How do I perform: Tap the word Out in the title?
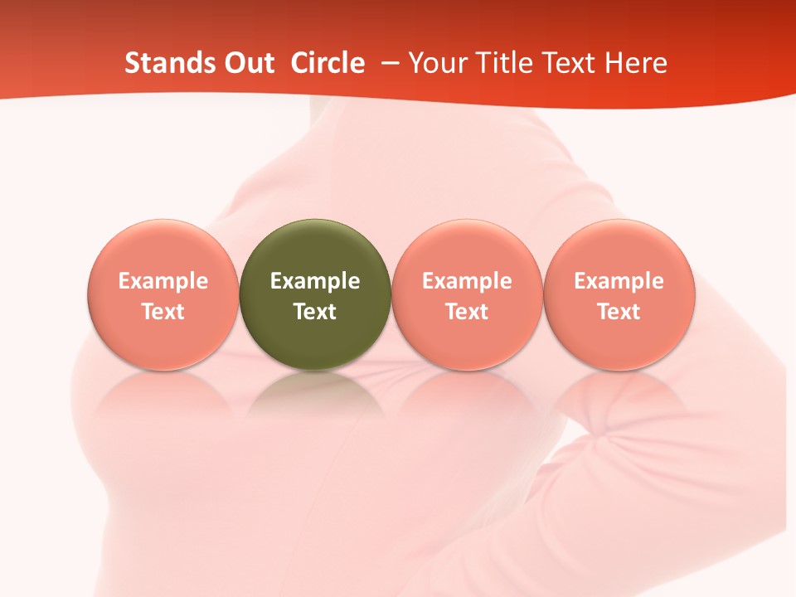pyautogui.click(x=247, y=63)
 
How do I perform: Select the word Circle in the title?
pyautogui.click(x=328, y=63)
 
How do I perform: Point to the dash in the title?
pyautogui.click(x=387, y=63)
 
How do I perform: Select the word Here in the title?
pyautogui.click(x=636, y=63)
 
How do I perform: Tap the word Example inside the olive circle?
pyautogui.click(x=315, y=281)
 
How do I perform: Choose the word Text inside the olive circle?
pyautogui.click(x=315, y=312)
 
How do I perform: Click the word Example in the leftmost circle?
pyautogui.click(x=163, y=281)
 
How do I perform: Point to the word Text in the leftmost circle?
pyautogui.click(x=163, y=312)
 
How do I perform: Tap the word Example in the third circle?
pyautogui.click(x=467, y=281)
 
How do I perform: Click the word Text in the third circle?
pyautogui.click(x=467, y=312)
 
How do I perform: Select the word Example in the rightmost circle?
pyautogui.click(x=619, y=281)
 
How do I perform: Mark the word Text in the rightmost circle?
pyautogui.click(x=619, y=312)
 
